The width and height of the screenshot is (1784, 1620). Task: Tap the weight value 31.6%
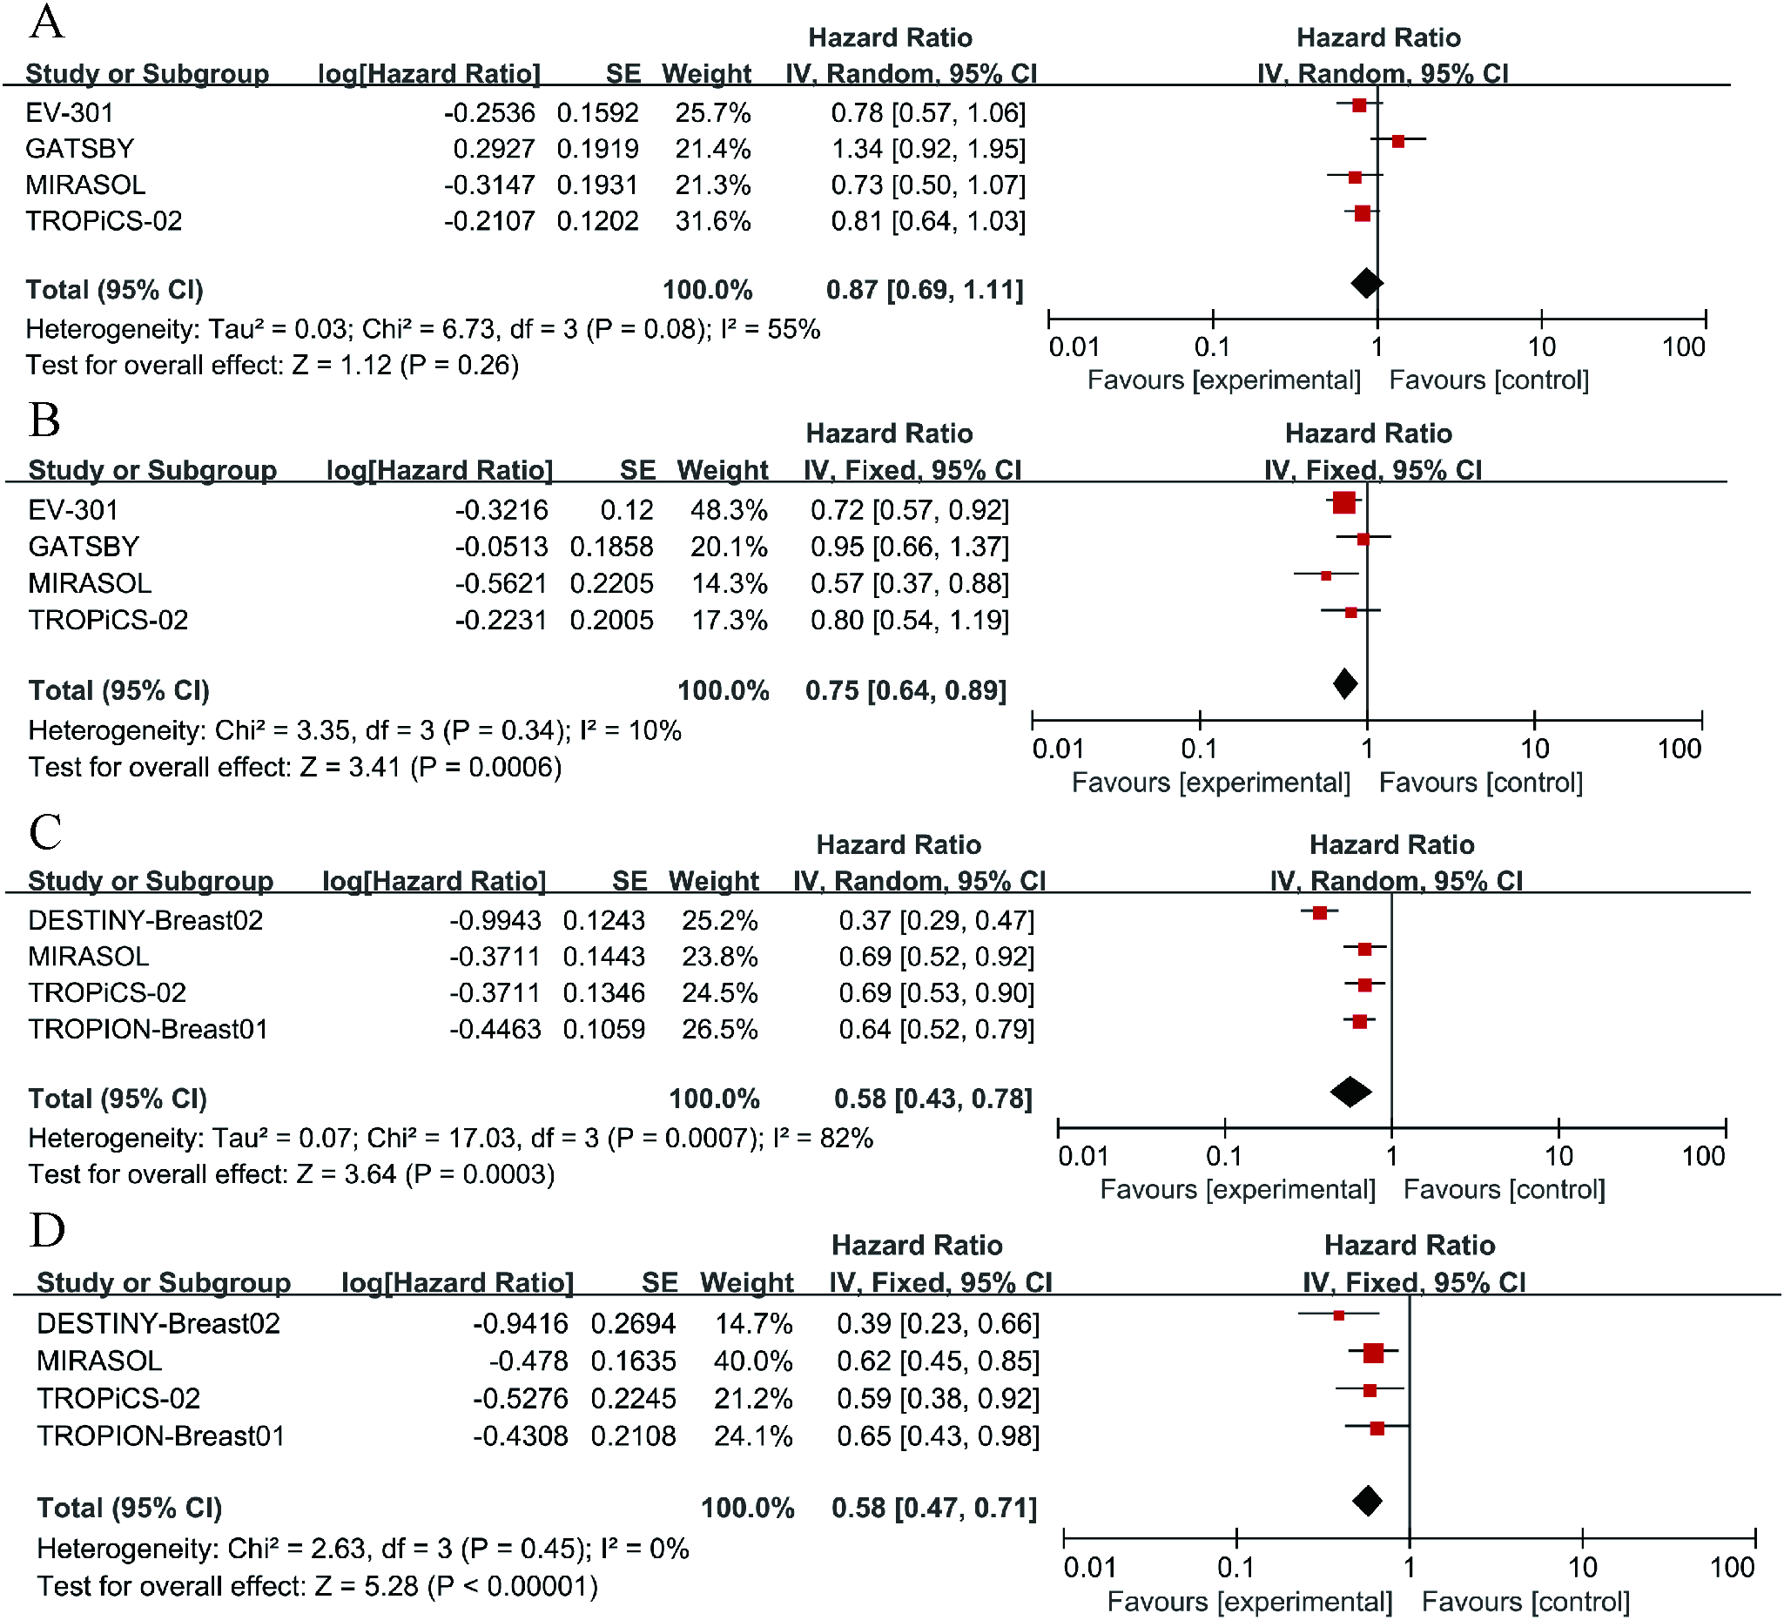712,220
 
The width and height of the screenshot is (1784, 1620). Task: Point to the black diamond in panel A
1366,283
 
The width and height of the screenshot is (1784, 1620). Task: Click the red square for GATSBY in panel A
1398,141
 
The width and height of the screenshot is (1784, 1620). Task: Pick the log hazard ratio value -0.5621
501,583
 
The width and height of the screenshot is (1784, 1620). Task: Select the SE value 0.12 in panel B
627,509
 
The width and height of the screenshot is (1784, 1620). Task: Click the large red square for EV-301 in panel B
1343,503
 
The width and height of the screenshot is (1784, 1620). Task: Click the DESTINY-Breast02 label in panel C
145,920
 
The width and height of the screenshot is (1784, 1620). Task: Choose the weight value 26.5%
718,1029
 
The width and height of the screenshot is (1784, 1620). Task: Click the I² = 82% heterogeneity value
823,1138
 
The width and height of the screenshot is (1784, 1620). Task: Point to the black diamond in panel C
1350,1092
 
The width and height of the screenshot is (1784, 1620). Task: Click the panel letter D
47,1229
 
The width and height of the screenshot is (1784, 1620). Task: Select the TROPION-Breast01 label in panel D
160,1435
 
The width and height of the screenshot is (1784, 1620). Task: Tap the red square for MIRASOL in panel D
1373,1353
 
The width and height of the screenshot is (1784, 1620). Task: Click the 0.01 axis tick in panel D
1089,1568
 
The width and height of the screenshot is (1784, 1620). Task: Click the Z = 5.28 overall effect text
366,1586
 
